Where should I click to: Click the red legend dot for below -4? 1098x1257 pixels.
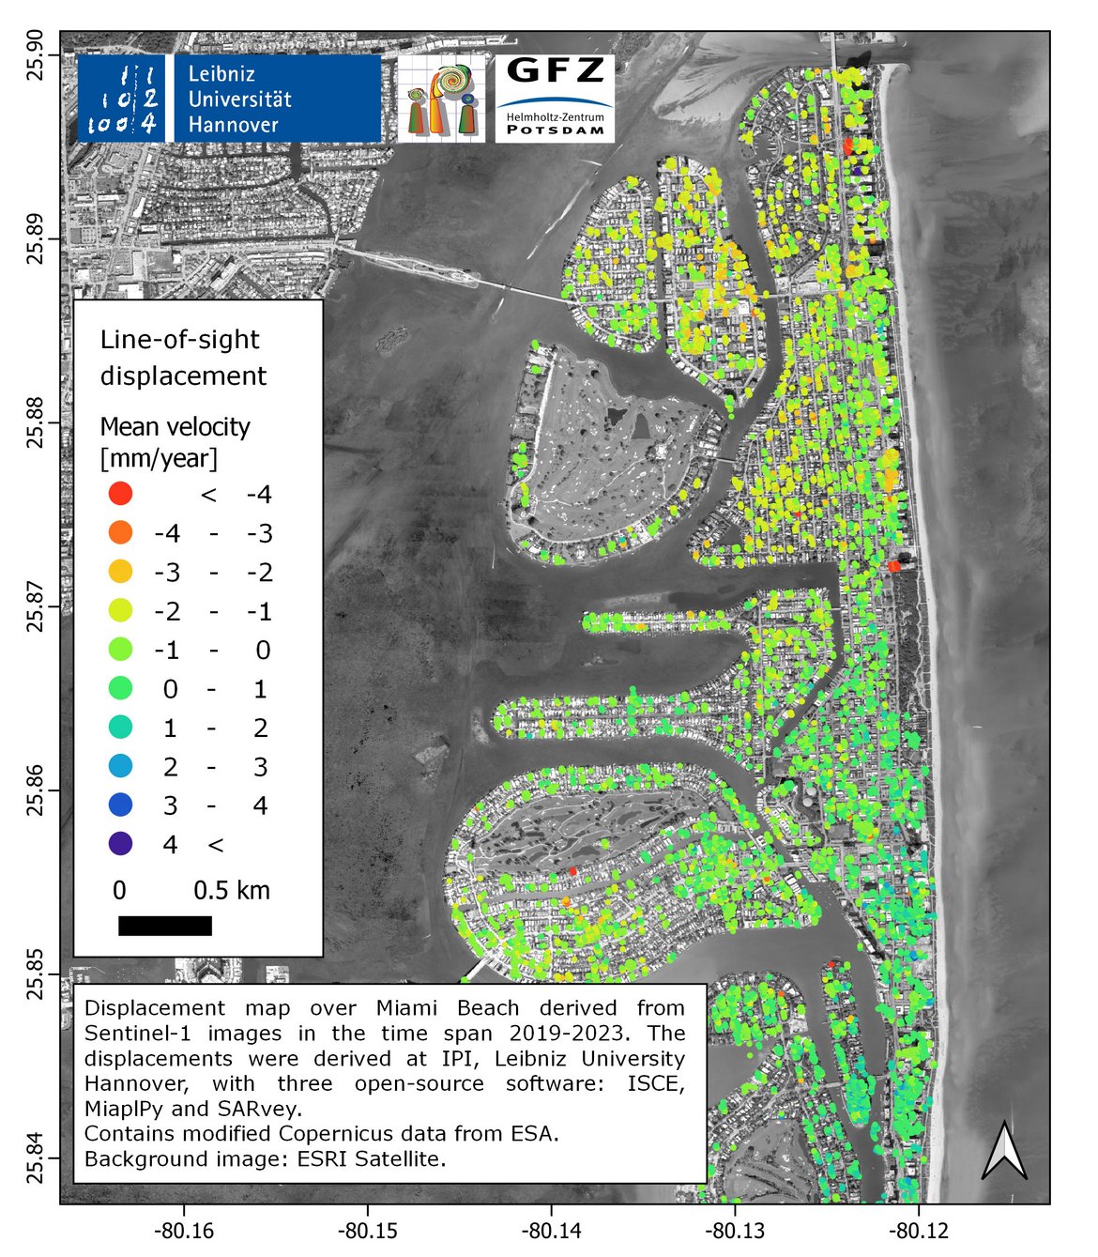pyautogui.click(x=121, y=493)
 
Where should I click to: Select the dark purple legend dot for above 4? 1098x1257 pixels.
pyautogui.click(x=121, y=844)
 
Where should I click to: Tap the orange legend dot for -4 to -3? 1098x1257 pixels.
pyautogui.click(x=121, y=532)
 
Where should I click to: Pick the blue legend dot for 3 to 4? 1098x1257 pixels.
pyautogui.click(x=121, y=805)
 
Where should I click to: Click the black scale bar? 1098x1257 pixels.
pyautogui.click(x=165, y=926)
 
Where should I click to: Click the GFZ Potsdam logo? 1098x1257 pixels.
pyautogui.click(x=555, y=99)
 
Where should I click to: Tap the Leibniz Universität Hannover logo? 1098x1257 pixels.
pyautogui.click(x=229, y=99)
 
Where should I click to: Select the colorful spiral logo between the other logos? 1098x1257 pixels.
pyautogui.click(x=441, y=99)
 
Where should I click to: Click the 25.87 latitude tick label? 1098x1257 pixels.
pyautogui.click(x=36, y=606)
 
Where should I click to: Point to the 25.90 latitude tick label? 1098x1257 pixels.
pyautogui.click(x=36, y=54)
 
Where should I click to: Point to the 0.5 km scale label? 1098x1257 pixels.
pyautogui.click(x=232, y=890)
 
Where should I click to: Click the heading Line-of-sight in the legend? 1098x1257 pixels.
pyautogui.click(x=179, y=340)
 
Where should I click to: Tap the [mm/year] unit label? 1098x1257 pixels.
pyautogui.click(x=159, y=458)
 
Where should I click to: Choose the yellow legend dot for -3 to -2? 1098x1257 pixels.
pyautogui.click(x=121, y=571)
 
